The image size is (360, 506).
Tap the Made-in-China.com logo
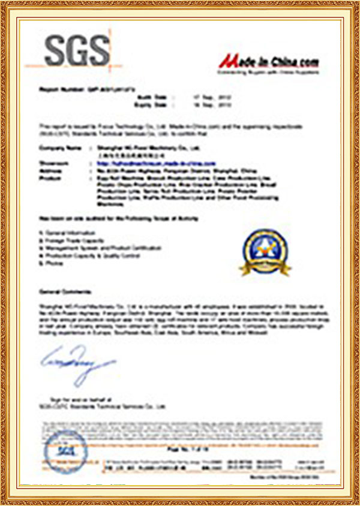[x=268, y=62]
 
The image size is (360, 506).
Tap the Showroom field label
[x=52, y=162]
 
